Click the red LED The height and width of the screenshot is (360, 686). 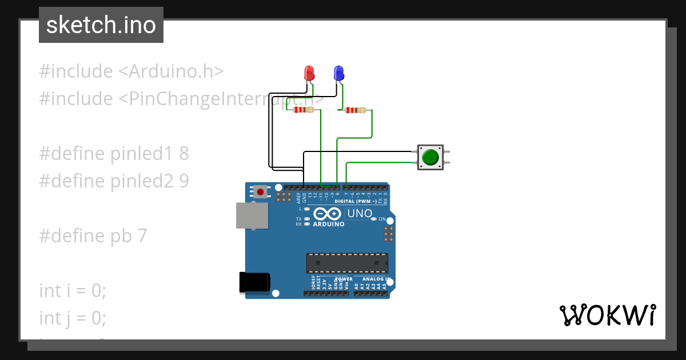coord(309,73)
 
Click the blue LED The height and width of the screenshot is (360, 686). coord(338,73)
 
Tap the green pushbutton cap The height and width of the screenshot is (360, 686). coord(430,157)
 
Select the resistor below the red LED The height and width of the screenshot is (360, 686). coord(303,110)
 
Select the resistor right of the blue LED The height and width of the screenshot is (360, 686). coord(355,110)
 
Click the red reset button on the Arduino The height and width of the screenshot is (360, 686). coord(261,192)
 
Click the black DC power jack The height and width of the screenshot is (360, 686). coord(254,283)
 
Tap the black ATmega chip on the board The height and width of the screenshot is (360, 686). coord(347,263)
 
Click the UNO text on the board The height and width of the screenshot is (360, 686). coord(360,214)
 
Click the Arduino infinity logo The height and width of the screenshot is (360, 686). coord(328,214)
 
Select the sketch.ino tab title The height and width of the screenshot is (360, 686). coord(101,25)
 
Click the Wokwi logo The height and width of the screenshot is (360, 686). coord(607,315)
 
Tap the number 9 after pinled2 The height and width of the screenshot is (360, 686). coord(184,181)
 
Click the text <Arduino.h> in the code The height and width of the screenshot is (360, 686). coord(171,71)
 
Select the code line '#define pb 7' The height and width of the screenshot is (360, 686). coord(93,235)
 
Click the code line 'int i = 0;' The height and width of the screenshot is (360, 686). coord(73,290)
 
